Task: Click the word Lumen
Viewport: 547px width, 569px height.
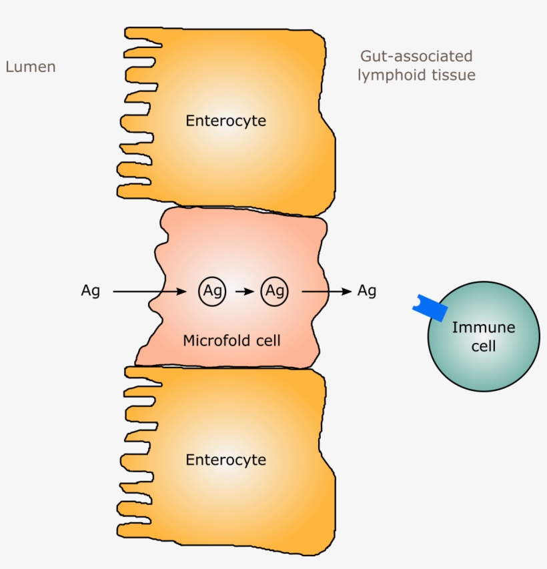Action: [x=30, y=67]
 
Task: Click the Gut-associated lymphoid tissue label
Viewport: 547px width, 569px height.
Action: [x=416, y=65]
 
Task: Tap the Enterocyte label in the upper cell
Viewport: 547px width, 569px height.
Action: [x=225, y=121]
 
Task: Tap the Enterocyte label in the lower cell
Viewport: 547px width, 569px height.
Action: [x=225, y=460]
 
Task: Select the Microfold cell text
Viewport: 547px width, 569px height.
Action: [x=231, y=341]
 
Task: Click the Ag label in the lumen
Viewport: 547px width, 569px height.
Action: [x=90, y=292]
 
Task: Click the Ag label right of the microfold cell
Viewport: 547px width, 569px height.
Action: [x=367, y=291]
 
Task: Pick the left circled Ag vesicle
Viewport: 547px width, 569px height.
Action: [x=212, y=292]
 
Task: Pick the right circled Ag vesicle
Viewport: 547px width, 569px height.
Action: [x=274, y=292]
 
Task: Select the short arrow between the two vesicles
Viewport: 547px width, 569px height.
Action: [x=243, y=292]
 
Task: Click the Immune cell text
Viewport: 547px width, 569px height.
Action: [x=483, y=337]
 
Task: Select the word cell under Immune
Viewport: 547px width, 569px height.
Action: [x=483, y=347]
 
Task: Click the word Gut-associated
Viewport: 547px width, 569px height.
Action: [x=416, y=56]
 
